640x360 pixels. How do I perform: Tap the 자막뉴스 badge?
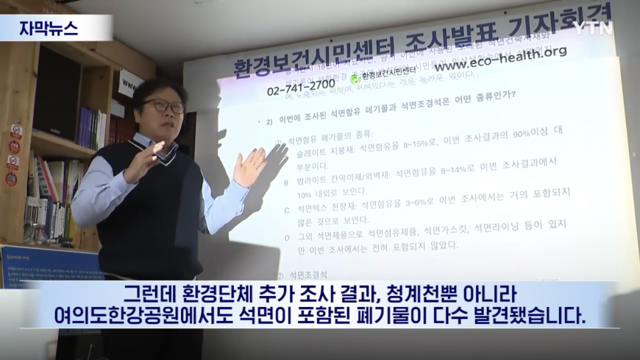(x=49, y=28)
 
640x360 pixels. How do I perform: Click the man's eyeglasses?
(x=164, y=106)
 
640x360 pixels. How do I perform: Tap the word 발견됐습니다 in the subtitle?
(x=537, y=317)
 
